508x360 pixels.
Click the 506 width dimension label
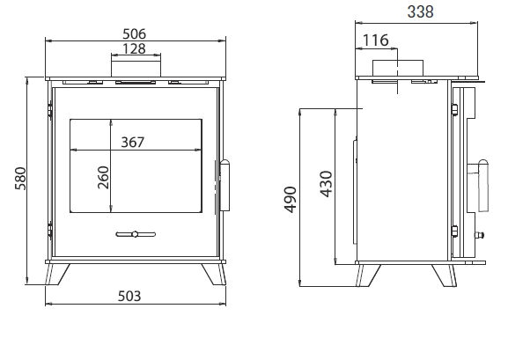(135, 33)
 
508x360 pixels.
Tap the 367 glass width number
(131, 142)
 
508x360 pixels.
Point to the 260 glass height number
(103, 176)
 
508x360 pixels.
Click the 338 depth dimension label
(419, 11)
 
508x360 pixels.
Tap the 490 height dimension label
(291, 207)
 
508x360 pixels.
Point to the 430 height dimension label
(327, 184)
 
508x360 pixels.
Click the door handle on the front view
(225, 186)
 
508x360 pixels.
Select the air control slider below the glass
(135, 233)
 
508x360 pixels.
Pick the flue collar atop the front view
(135, 68)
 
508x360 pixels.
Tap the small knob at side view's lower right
(481, 236)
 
